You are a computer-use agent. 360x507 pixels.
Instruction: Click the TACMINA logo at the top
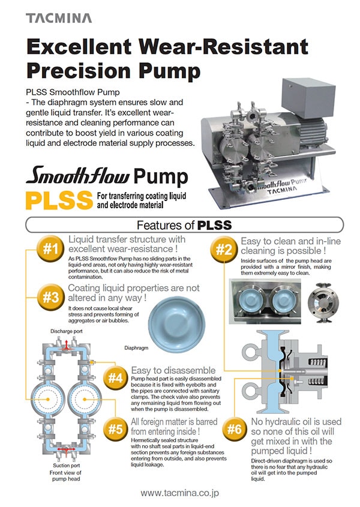click(x=59, y=18)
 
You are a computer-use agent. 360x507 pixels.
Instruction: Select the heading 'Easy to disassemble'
click(x=172, y=371)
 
